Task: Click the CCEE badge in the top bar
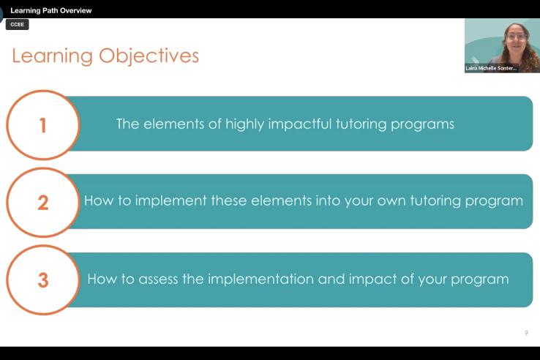pyautogui.click(x=17, y=24)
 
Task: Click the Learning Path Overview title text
pyautogui.click(x=51, y=11)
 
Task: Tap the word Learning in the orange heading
pyautogui.click(x=53, y=56)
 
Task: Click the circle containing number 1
pyautogui.click(x=42, y=125)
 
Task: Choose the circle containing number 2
pyautogui.click(x=42, y=202)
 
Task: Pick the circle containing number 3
pyautogui.click(x=42, y=280)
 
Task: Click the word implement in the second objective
pyautogui.click(x=165, y=200)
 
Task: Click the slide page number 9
pyautogui.click(x=526, y=333)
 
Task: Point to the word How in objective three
pyautogui.click(x=101, y=279)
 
